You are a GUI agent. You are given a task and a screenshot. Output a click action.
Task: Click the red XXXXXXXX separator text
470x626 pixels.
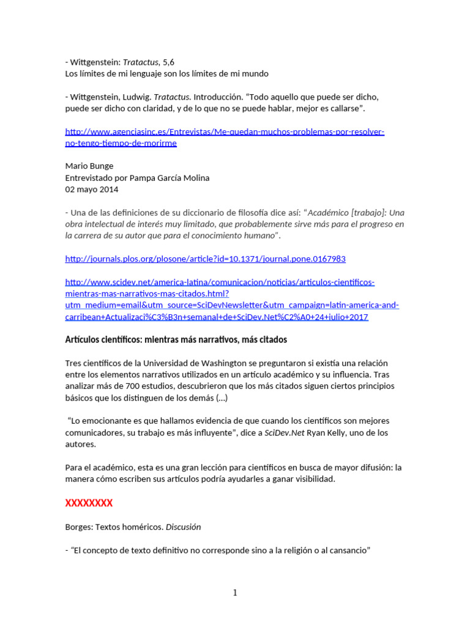pyautogui.click(x=89, y=503)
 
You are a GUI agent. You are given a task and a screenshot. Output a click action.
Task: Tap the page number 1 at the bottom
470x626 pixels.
pyautogui.click(x=235, y=592)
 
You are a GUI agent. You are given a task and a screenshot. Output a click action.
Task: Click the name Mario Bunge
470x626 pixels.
pyautogui.click(x=89, y=166)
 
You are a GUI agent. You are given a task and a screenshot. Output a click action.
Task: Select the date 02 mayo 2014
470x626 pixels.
pyautogui.click(x=92, y=189)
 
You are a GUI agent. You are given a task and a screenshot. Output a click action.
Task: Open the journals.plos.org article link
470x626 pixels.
pyautogui.click(x=205, y=259)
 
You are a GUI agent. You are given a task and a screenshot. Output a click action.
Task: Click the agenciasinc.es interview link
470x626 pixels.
pyautogui.click(x=225, y=131)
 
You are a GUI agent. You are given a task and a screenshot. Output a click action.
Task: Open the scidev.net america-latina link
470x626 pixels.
pyautogui.click(x=220, y=282)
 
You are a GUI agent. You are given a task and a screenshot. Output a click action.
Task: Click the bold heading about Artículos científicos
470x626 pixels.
pyautogui.click(x=176, y=339)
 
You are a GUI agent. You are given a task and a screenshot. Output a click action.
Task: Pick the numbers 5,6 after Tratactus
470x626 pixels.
pyautogui.click(x=168, y=62)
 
